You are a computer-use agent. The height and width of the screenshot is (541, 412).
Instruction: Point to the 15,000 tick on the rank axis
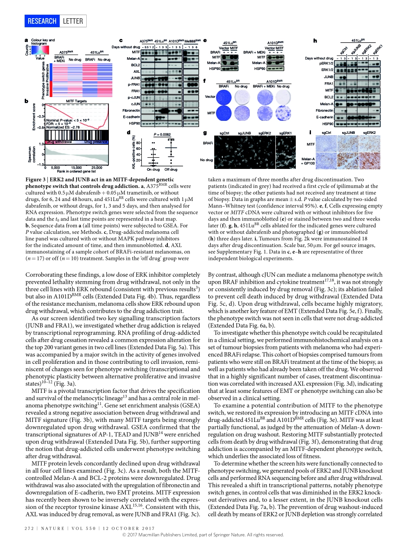76,167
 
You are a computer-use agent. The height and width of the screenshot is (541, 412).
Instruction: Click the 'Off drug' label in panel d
170,169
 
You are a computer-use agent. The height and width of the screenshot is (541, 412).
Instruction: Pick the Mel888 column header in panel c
191,41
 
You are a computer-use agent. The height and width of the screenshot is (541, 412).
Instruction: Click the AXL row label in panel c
137,71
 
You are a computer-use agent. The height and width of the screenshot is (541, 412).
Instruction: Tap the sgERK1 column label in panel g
285,133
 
